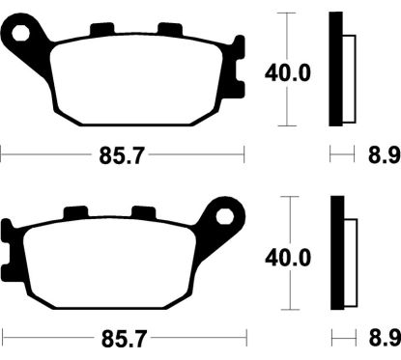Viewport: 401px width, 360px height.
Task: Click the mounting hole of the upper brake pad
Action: coord(21,33)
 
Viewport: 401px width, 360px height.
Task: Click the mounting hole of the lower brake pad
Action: coord(225,217)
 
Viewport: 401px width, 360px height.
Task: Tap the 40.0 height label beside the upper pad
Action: coord(288,73)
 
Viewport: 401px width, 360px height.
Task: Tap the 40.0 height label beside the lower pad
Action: coord(288,258)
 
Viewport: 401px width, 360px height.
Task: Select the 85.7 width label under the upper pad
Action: coord(120,155)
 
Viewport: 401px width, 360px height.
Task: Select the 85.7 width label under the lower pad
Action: coord(124,339)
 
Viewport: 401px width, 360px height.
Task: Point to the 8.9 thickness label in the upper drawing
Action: coord(385,155)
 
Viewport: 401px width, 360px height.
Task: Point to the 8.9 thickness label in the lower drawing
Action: coord(386,338)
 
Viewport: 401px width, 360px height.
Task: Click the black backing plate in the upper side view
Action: coord(335,69)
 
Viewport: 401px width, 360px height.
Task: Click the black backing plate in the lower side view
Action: coord(337,253)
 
